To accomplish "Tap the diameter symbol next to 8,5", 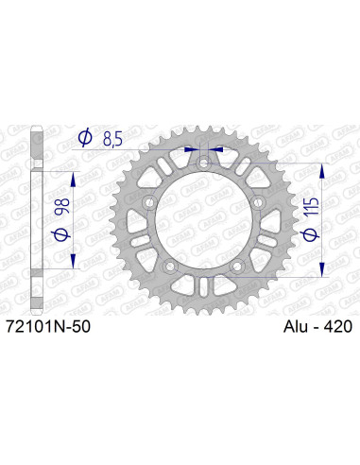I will click(x=84, y=138).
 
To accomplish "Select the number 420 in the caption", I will click(x=335, y=327).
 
